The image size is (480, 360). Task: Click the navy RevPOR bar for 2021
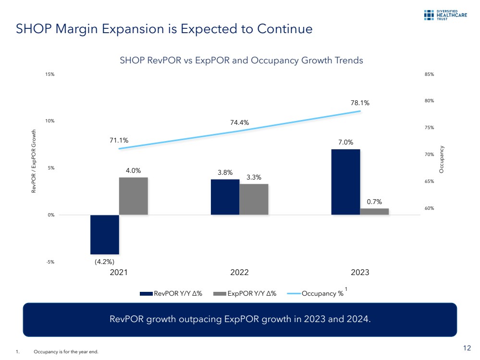point(104,234)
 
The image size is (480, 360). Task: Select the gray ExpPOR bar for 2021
point(133,196)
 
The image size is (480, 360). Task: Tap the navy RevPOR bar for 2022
point(225,197)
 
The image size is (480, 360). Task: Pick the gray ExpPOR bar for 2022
point(254,199)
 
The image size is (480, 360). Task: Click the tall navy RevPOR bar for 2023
point(345,182)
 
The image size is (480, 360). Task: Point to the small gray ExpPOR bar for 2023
point(374,211)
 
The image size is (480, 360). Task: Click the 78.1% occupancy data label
point(360,103)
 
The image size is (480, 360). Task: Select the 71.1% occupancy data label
point(119,140)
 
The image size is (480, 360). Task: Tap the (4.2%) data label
point(104,262)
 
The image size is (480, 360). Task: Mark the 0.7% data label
point(374,202)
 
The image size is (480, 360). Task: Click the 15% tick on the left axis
point(50,74)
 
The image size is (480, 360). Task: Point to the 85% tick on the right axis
point(429,74)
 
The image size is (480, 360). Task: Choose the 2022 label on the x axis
point(239,272)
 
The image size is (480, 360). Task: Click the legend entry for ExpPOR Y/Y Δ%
point(245,294)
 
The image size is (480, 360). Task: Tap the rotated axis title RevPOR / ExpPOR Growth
point(34,161)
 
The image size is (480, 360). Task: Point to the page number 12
point(467,348)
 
